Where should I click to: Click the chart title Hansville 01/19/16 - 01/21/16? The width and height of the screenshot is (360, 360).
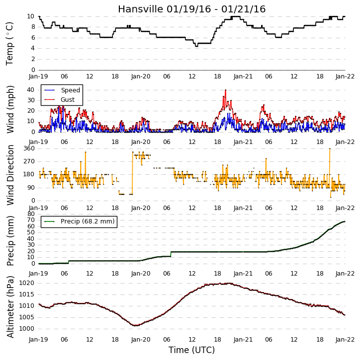192,9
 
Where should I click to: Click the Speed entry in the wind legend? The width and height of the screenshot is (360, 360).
70,90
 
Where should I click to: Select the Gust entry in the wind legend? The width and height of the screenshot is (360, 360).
68,100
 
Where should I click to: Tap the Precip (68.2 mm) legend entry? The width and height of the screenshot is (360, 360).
88,221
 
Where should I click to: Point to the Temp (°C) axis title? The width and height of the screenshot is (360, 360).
9,44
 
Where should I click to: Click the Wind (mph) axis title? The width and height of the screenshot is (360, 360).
10,109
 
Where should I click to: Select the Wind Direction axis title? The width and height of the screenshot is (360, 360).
10,175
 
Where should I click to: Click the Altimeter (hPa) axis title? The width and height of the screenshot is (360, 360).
10,307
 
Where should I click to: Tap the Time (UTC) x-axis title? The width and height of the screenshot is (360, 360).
192,350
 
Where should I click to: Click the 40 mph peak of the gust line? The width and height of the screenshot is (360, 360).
226,90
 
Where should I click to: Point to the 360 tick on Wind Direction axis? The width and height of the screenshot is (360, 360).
29,148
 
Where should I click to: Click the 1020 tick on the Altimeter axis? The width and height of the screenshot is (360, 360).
27,283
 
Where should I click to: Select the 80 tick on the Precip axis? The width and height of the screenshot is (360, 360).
31,214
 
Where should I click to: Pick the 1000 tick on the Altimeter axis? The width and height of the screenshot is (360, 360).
27,329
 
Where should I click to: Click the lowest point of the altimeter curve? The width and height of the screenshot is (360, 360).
135,325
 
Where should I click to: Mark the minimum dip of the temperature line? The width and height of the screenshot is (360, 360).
196,46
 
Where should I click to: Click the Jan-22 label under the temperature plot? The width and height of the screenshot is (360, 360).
345,76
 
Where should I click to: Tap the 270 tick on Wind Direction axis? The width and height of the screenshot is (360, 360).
29,161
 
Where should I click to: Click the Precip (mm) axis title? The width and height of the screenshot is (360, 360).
10,241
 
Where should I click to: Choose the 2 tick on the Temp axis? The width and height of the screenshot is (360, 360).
33,59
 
